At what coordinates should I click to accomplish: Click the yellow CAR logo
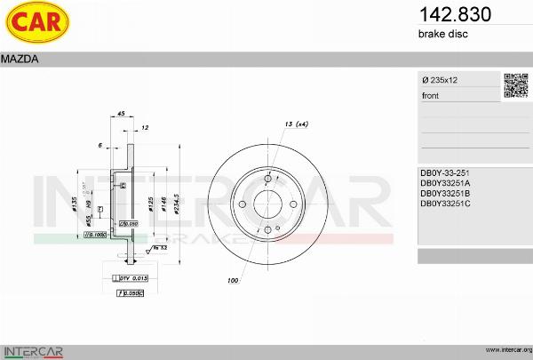point(36,24)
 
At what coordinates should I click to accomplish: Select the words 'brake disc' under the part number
point(442,34)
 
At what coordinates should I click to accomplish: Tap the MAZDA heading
point(19,60)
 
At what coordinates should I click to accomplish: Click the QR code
point(516,85)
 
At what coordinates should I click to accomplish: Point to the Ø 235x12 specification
point(441,80)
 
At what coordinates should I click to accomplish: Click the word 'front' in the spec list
point(430,95)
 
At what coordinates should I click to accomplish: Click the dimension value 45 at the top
point(121,114)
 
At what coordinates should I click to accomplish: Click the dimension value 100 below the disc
point(233,281)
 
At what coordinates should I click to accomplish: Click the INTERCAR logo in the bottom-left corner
point(34,349)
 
